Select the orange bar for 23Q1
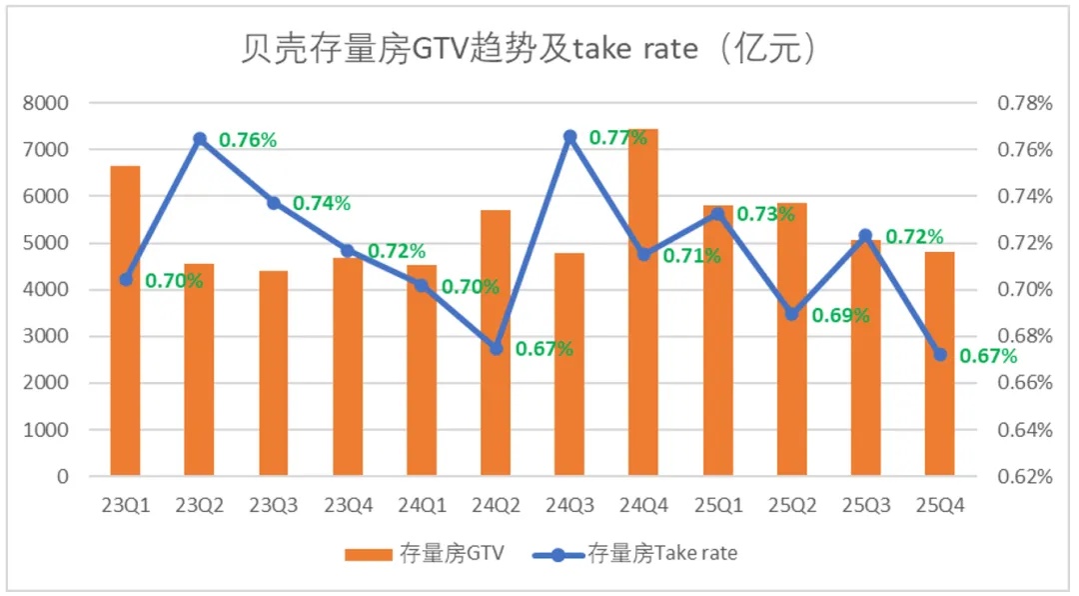coord(125,320)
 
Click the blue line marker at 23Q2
coord(200,139)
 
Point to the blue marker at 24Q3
coord(569,136)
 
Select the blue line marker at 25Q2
coord(791,314)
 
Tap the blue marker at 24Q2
coord(496,348)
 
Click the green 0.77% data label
coord(618,138)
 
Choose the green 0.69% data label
coord(840,316)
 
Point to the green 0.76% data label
coord(248,141)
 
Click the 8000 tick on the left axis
coord(48,103)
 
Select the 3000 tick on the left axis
coord(48,337)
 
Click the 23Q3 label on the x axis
coord(273,505)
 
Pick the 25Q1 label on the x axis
coord(717,505)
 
